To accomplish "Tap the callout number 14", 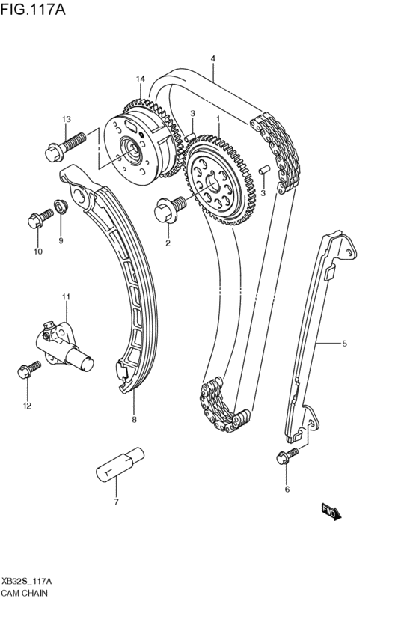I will click(139, 79).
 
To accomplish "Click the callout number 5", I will click(344, 344).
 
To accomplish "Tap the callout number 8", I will click(134, 419).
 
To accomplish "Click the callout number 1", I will click(218, 118).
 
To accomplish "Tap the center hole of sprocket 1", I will click(212, 180).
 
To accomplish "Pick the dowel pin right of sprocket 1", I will click(263, 171).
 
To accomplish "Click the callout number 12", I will click(27, 406).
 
